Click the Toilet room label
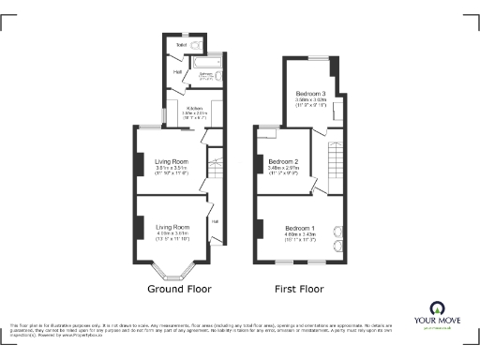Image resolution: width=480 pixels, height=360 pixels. click(180, 44)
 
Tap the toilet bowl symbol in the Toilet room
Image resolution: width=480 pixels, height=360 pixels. click(197, 44)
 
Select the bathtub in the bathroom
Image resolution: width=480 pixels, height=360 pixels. click(207, 74)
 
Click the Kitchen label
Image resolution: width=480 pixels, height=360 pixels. click(194, 109)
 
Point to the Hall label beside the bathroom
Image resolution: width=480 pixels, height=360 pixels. click(177, 70)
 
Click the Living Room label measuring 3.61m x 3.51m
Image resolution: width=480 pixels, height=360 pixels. click(172, 161)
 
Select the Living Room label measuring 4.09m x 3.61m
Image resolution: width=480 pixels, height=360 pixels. click(172, 227)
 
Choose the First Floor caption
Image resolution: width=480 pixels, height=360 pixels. click(298, 290)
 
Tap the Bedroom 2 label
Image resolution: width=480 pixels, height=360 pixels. click(283, 162)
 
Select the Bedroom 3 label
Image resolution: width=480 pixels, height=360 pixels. click(311, 95)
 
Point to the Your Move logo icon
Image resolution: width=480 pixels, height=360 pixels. click(437, 308)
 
